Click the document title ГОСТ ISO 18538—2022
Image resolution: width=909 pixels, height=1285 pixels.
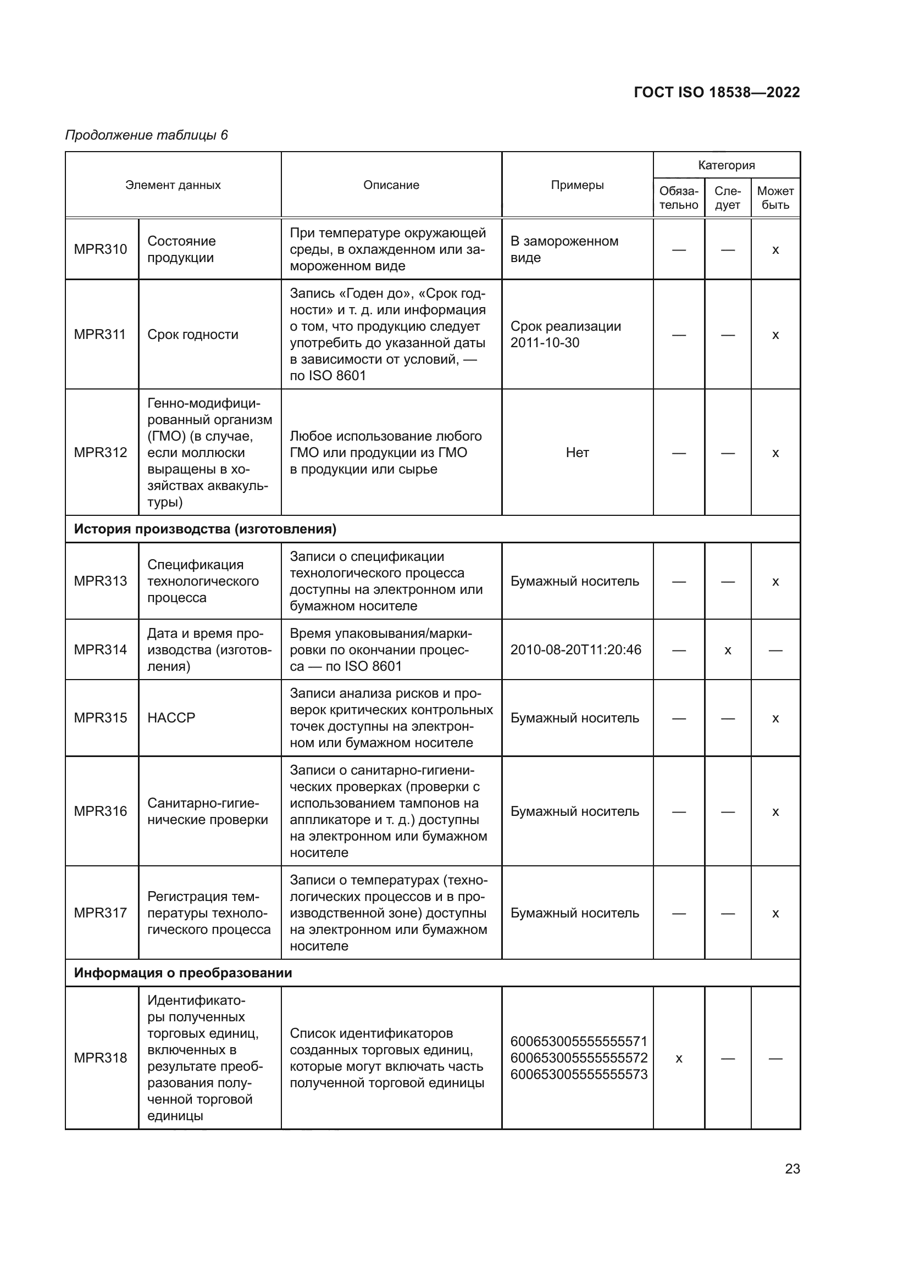click(x=717, y=92)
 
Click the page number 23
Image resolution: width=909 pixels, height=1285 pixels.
click(x=792, y=1169)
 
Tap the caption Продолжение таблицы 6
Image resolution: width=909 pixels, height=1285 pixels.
click(x=147, y=135)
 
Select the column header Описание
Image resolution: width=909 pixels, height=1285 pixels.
click(x=391, y=185)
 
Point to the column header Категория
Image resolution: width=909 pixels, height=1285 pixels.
click(x=726, y=165)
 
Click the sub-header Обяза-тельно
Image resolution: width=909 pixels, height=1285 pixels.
click(x=678, y=198)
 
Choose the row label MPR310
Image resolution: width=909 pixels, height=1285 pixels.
click(x=101, y=249)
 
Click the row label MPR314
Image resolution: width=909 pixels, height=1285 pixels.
click(x=101, y=649)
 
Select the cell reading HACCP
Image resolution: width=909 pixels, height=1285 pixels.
click(x=171, y=717)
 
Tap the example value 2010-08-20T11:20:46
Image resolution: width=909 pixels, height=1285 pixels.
click(x=575, y=649)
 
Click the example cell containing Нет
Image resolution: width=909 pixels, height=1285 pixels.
click(x=577, y=452)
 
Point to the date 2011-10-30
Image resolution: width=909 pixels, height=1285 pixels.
click(x=545, y=342)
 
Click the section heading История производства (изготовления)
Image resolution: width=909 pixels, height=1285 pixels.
click(x=205, y=529)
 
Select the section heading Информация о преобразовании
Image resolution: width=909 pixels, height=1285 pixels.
click(x=183, y=973)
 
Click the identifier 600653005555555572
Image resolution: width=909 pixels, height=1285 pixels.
click(x=579, y=1058)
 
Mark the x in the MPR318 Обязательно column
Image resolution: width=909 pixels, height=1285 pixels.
click(x=678, y=1058)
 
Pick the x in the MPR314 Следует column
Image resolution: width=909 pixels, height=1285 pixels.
click(x=728, y=650)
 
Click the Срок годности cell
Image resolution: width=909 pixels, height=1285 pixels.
click(x=192, y=334)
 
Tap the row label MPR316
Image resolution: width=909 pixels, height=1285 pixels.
click(x=101, y=811)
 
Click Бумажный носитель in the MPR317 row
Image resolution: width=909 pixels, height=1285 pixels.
click(x=574, y=913)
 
